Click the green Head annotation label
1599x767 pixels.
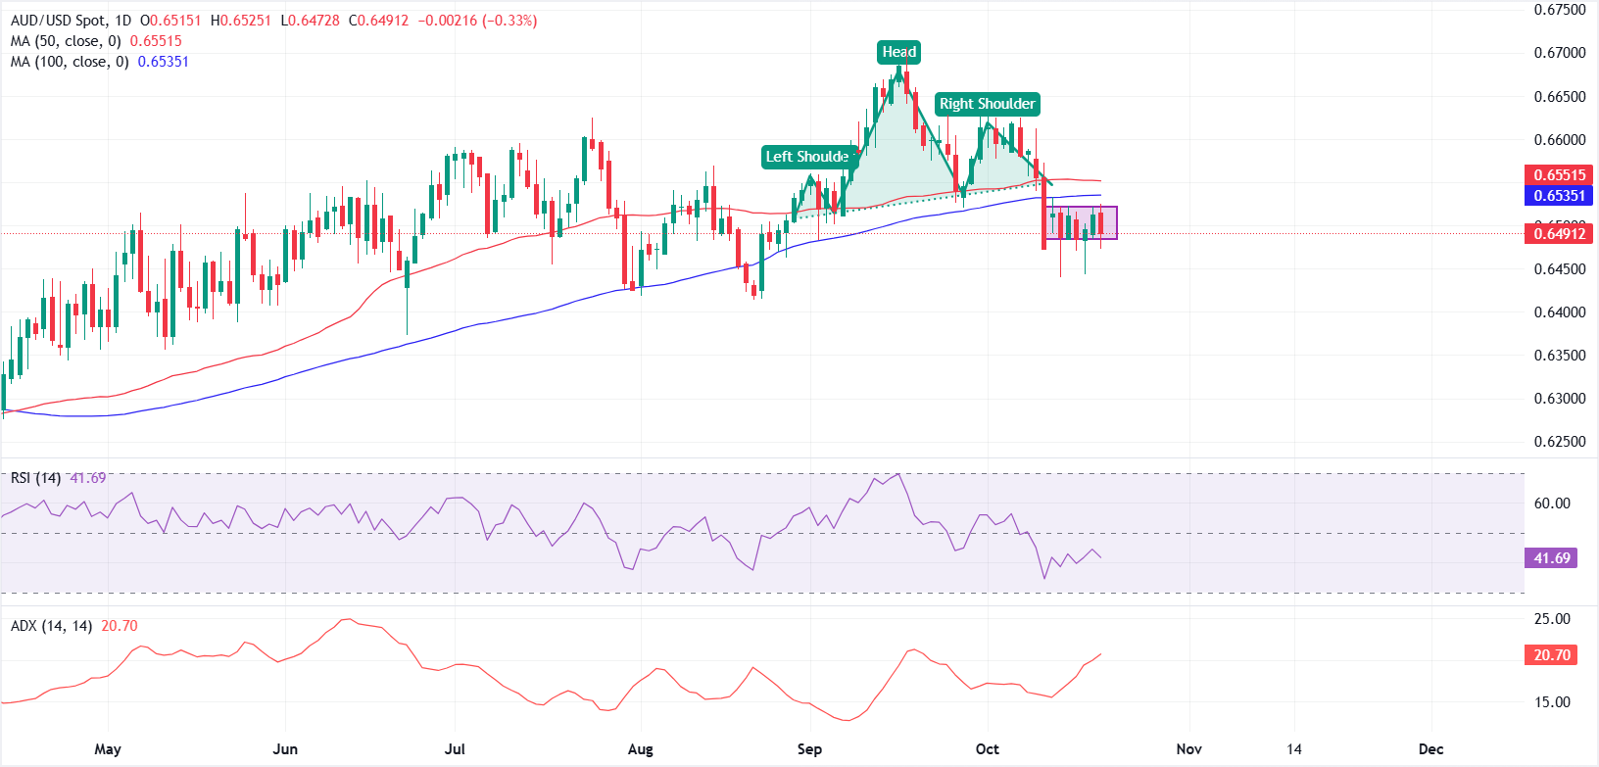point(898,52)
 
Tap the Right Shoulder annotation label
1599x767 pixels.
point(987,104)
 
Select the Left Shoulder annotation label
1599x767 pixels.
point(808,157)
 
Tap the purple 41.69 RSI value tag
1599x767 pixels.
point(1551,558)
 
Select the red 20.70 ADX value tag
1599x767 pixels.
point(1551,654)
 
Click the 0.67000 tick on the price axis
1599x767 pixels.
point(1559,53)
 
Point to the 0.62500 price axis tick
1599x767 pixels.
point(1559,442)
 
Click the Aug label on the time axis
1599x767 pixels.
point(640,749)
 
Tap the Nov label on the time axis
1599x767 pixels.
point(1188,749)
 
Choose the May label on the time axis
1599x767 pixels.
point(108,749)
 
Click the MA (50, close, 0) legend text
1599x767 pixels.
point(66,41)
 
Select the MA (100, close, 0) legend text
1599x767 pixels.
point(70,62)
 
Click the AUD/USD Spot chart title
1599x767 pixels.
point(57,21)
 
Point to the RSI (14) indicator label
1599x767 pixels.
point(35,478)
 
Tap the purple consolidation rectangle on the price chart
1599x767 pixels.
point(1081,222)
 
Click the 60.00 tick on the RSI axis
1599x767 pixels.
point(1552,503)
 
